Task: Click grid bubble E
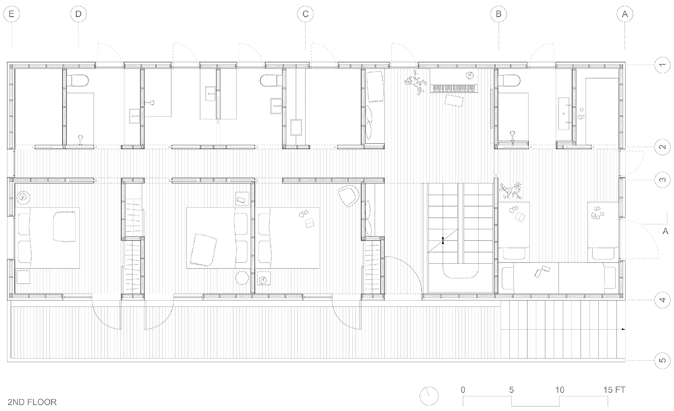click(x=11, y=14)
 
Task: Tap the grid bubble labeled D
click(x=78, y=14)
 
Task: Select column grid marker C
click(x=305, y=14)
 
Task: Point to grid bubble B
click(x=499, y=14)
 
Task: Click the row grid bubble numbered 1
click(x=663, y=65)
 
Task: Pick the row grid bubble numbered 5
click(x=663, y=360)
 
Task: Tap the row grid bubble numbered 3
click(x=663, y=180)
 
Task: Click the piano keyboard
click(x=454, y=88)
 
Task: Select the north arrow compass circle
click(x=429, y=396)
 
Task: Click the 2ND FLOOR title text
click(x=32, y=402)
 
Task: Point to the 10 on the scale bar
click(x=559, y=390)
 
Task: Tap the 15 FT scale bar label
click(x=614, y=390)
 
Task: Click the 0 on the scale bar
click(x=463, y=390)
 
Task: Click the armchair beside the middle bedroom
click(x=348, y=195)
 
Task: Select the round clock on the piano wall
click(x=470, y=75)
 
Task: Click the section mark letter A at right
click(x=665, y=231)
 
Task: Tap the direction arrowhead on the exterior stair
click(x=623, y=329)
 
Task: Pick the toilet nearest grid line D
click(x=79, y=80)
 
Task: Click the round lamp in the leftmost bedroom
click(x=23, y=197)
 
